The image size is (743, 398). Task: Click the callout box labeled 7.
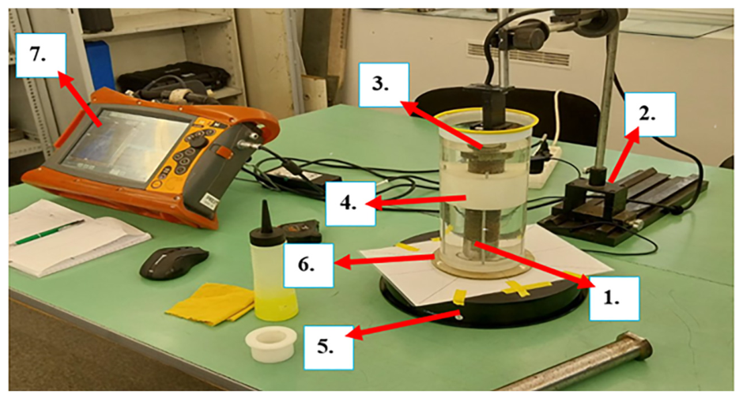coord(41,55)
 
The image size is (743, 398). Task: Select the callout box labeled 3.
coord(384,84)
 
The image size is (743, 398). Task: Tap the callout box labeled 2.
coord(650,115)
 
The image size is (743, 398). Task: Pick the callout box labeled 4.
coord(351,204)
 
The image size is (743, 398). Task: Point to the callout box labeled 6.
coord(308,265)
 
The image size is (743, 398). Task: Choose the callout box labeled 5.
coord(328,347)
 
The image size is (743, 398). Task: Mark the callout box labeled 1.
coord(614,298)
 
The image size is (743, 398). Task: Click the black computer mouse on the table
coord(174,263)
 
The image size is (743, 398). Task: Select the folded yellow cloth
coord(210,304)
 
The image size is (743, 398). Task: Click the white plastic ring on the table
coord(271,344)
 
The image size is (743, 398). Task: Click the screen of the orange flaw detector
coord(125,141)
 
